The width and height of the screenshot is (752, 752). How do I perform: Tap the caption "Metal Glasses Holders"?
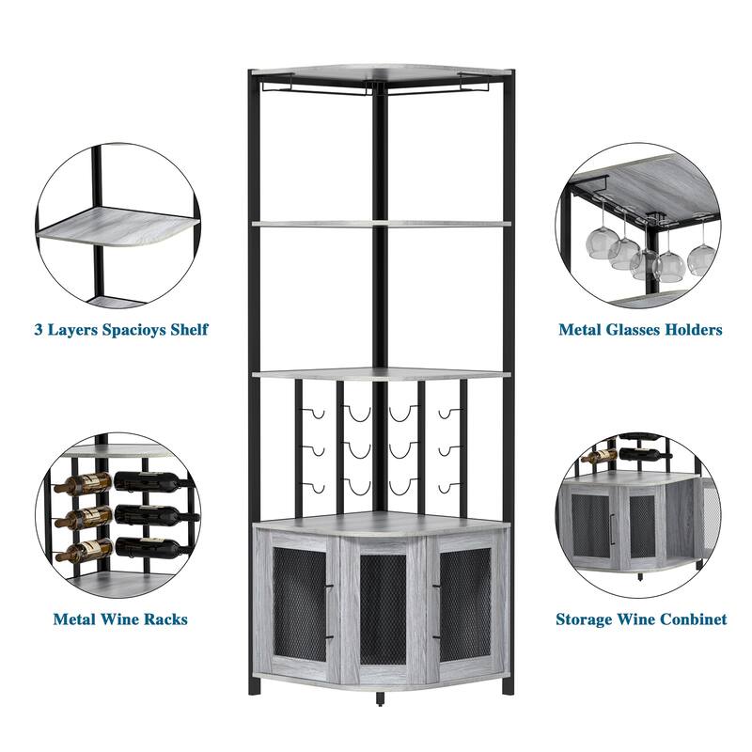click(640, 330)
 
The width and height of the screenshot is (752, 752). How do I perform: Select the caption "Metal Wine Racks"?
click(119, 619)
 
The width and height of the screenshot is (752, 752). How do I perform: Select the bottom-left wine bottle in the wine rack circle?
click(83, 550)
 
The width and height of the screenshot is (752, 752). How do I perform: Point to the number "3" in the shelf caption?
click(39, 330)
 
